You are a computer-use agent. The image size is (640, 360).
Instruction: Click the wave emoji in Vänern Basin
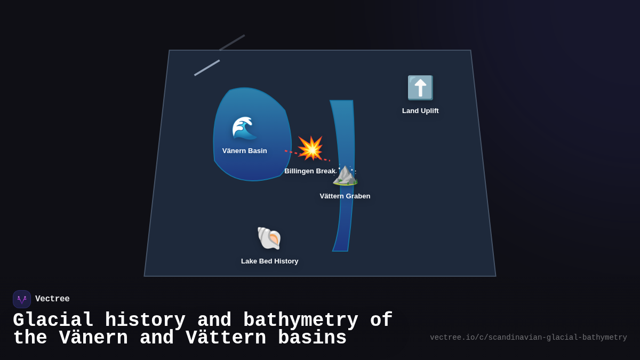click(244, 128)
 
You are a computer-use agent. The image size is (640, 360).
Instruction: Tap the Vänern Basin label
click(244, 151)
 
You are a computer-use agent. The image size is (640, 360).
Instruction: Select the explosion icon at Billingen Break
click(310, 148)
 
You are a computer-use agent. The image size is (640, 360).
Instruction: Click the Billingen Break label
click(310, 171)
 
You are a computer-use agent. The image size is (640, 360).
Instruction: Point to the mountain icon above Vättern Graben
click(345, 175)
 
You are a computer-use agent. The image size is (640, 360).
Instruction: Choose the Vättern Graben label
click(345, 196)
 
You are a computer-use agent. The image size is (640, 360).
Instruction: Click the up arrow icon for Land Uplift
click(420, 88)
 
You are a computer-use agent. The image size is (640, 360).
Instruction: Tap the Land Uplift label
click(420, 111)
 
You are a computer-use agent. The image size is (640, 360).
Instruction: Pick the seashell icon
click(269, 238)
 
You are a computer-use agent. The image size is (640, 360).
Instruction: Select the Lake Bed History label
click(270, 261)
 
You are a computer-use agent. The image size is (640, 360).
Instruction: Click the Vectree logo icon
click(22, 299)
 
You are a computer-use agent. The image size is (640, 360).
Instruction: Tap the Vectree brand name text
click(52, 299)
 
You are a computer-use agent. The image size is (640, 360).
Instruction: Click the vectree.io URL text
click(528, 338)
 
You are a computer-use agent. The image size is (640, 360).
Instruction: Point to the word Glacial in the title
click(53, 320)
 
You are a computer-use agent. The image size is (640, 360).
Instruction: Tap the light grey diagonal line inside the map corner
click(207, 68)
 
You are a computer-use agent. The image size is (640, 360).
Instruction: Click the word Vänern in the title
click(93, 338)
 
